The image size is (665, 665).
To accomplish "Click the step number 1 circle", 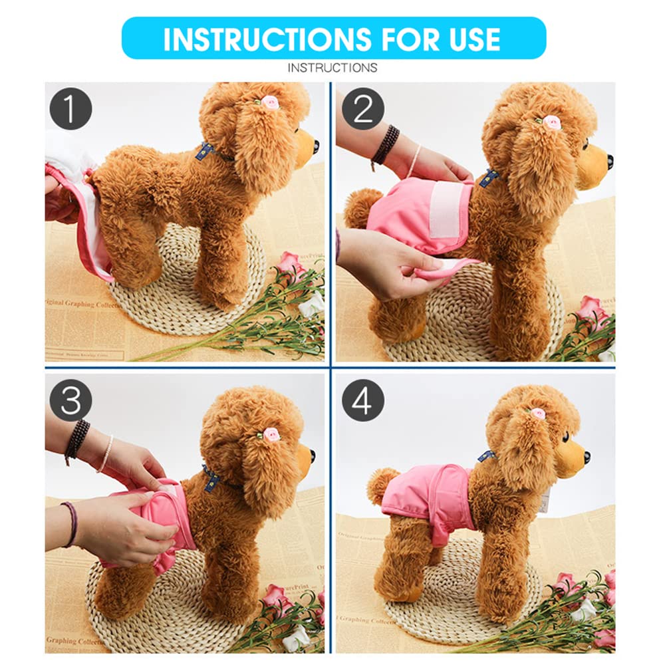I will (x=70, y=108).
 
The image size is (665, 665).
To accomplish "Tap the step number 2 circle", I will (x=363, y=108).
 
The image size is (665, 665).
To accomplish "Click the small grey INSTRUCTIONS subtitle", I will (x=332, y=68).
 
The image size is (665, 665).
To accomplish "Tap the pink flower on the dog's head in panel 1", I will (x=269, y=102).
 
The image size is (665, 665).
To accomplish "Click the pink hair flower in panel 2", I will (x=551, y=122).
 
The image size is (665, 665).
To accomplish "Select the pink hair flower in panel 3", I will (x=271, y=434).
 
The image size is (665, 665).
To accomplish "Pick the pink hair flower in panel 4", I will (x=538, y=414).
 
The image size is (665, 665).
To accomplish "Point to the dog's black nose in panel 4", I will (x=586, y=457).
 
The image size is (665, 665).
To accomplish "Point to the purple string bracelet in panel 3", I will (x=70, y=523).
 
